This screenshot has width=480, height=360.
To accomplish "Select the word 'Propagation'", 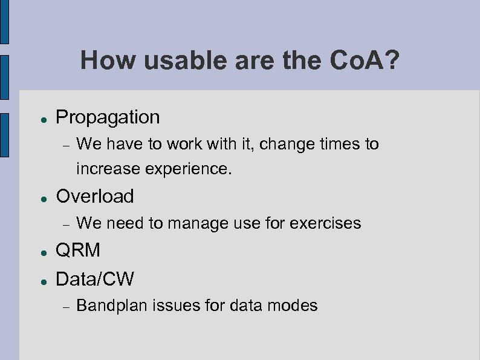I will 108,117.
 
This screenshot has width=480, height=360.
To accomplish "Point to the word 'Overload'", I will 95,196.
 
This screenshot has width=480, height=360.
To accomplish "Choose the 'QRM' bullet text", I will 78,250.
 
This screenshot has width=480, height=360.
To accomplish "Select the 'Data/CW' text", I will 95,279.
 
